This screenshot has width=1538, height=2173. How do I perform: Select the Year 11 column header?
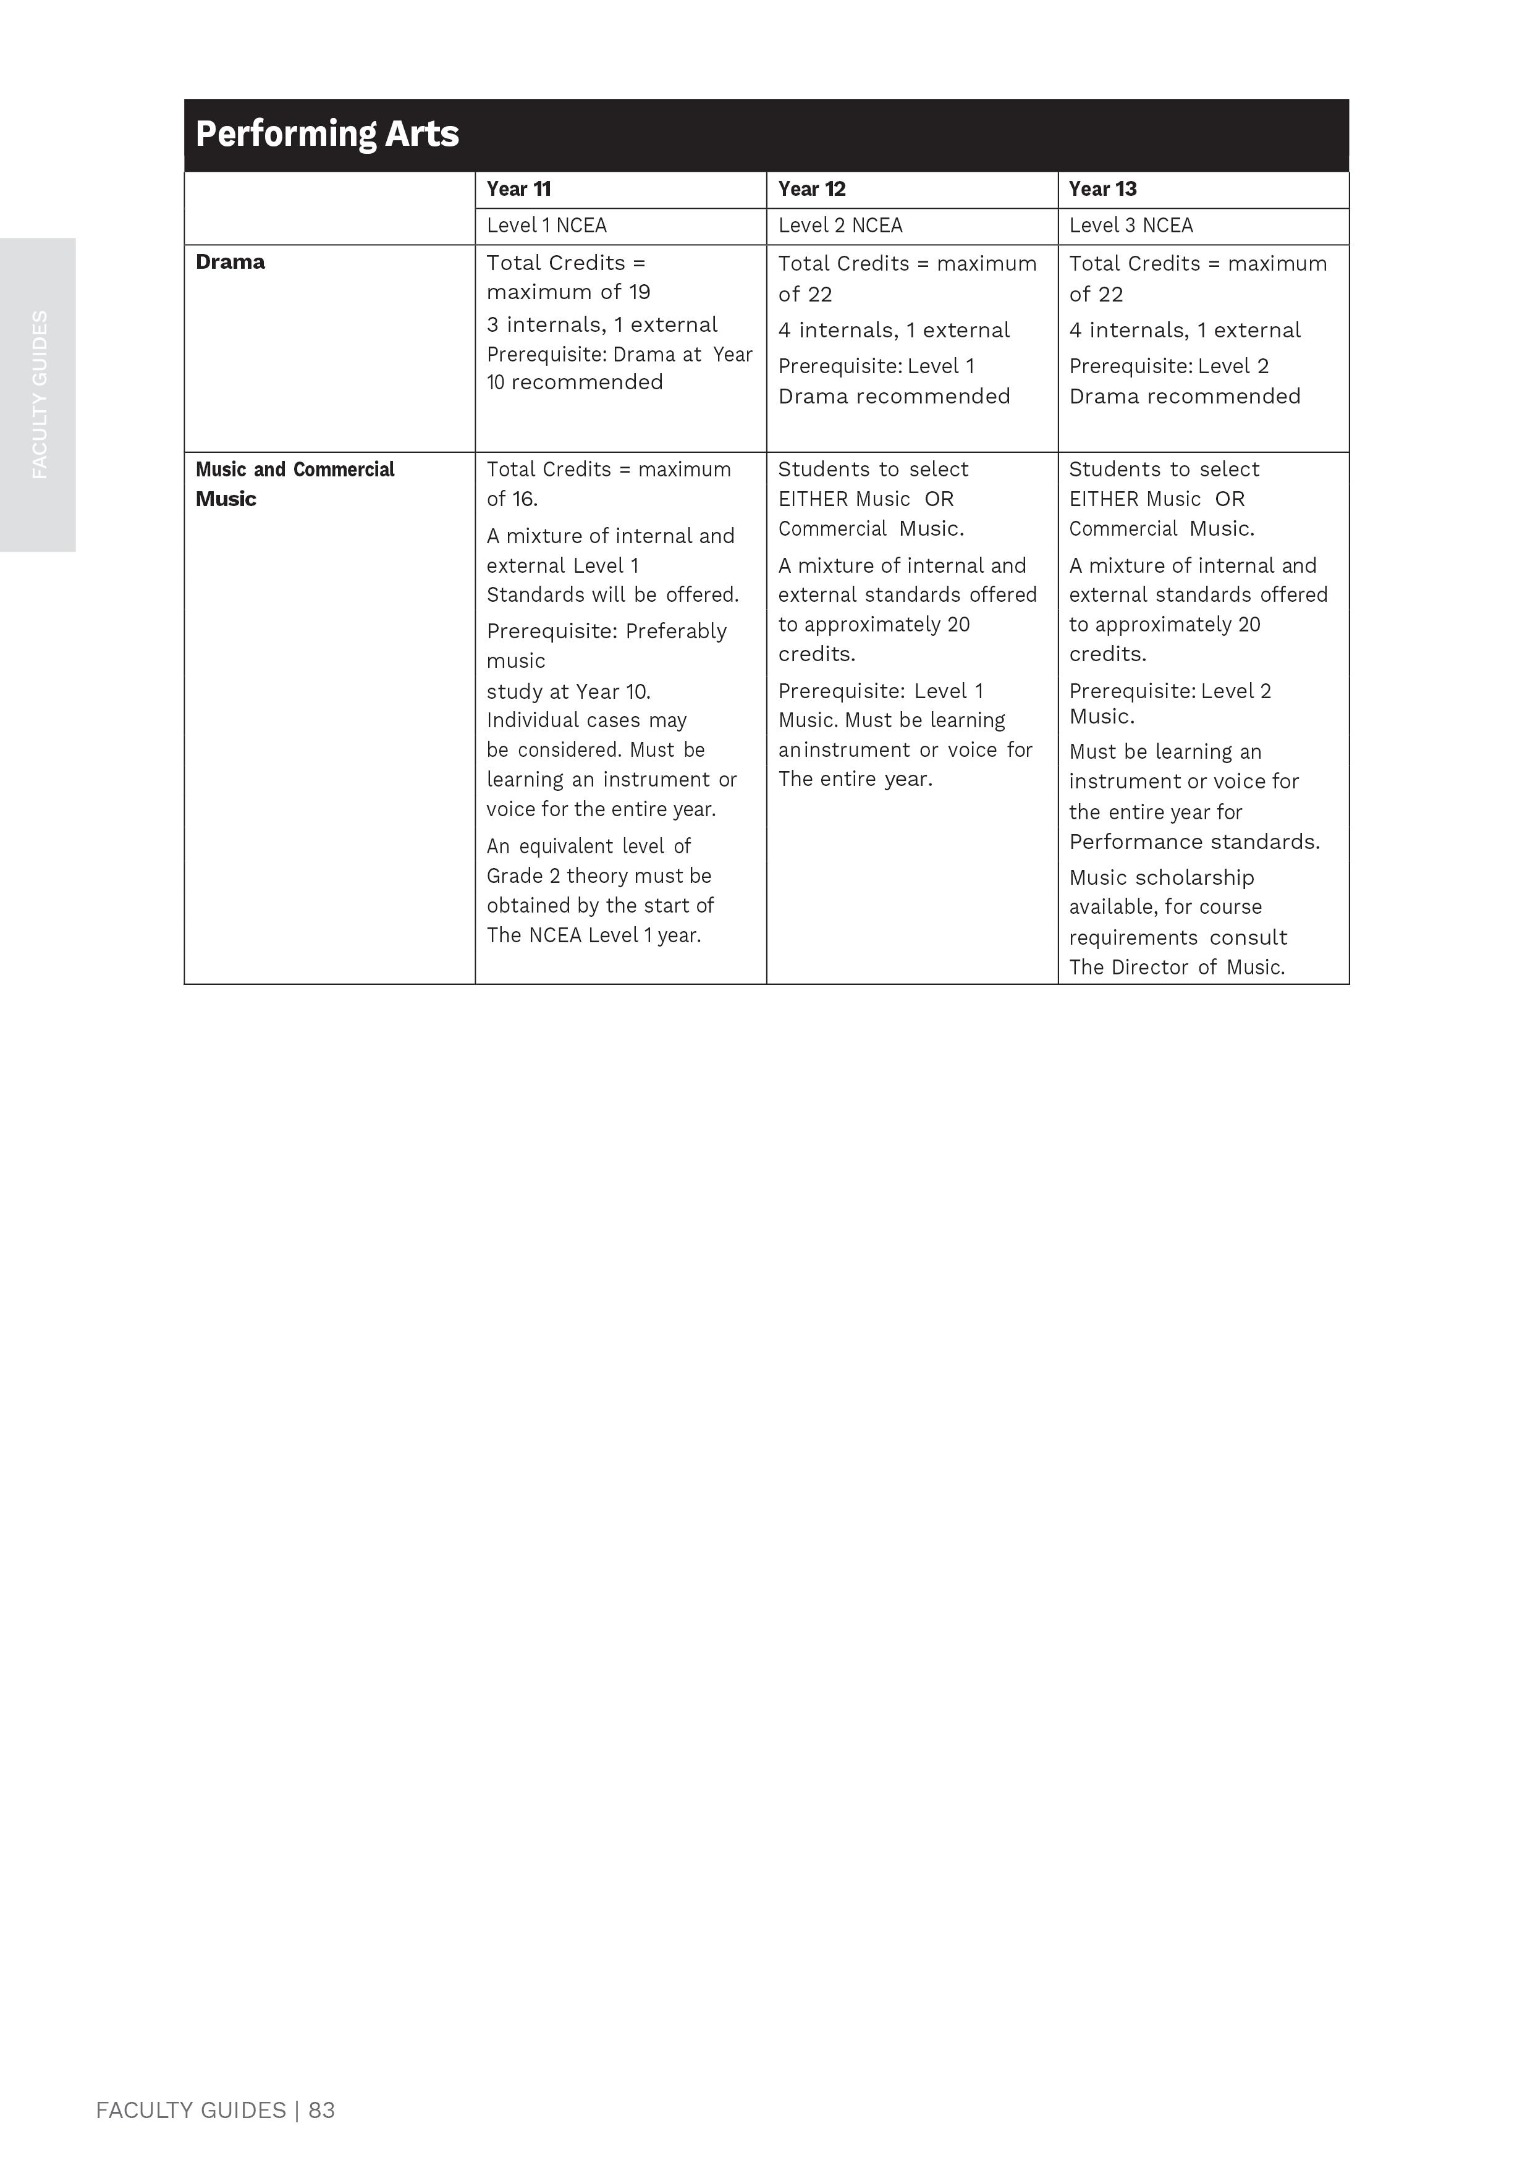519,188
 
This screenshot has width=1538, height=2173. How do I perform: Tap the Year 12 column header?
811,188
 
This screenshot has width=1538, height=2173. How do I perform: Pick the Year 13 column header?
1102,188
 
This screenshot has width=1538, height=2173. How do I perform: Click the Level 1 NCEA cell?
546,226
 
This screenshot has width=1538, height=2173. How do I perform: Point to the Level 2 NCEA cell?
840,226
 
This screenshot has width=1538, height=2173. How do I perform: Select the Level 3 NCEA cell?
1131,226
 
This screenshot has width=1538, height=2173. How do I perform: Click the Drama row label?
230,262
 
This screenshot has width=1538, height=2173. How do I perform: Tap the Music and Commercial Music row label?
295,483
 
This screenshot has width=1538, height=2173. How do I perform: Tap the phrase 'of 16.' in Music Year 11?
512,499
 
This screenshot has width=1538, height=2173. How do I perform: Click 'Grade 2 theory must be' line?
599,876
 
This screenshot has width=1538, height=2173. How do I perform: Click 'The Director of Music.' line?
1177,967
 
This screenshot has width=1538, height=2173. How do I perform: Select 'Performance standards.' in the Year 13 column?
1194,842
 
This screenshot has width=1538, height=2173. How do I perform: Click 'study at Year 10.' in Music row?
568,691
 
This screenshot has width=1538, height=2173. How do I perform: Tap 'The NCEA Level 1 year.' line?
594,935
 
